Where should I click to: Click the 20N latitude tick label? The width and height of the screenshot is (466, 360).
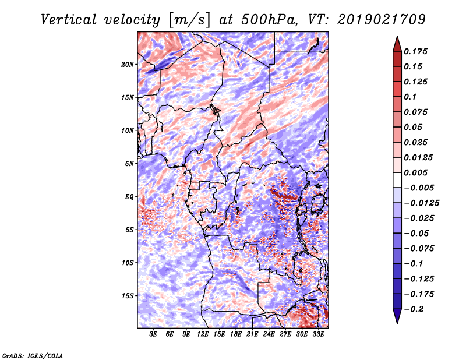tap(127, 65)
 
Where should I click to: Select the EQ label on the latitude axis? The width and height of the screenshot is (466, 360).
tap(129, 197)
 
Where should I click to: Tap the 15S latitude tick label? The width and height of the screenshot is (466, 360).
tap(127, 296)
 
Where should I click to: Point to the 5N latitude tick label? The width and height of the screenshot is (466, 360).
tap(129, 164)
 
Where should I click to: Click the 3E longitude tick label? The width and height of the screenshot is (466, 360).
tap(153, 334)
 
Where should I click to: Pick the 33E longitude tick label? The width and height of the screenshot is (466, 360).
tap(318, 334)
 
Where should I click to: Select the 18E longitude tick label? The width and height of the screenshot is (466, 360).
tap(236, 334)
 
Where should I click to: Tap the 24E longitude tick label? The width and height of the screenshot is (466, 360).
tap(269, 334)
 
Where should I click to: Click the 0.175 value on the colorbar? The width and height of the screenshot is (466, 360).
tap(415, 51)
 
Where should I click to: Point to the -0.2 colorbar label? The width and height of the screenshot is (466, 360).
tap(414, 309)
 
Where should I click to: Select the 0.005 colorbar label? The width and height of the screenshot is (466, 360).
tap(415, 172)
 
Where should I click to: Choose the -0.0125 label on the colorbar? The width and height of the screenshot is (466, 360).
tap(421, 203)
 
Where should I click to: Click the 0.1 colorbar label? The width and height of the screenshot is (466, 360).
tap(410, 97)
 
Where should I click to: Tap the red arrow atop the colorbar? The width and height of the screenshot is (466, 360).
tap(397, 44)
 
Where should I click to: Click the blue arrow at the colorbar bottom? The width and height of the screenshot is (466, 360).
tap(397, 316)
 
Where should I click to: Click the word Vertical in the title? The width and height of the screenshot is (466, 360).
tap(69, 20)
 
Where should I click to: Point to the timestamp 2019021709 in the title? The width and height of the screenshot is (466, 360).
tap(382, 20)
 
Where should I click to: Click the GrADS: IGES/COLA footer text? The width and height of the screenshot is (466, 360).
tap(33, 355)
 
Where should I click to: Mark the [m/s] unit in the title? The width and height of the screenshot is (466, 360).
tap(189, 20)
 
